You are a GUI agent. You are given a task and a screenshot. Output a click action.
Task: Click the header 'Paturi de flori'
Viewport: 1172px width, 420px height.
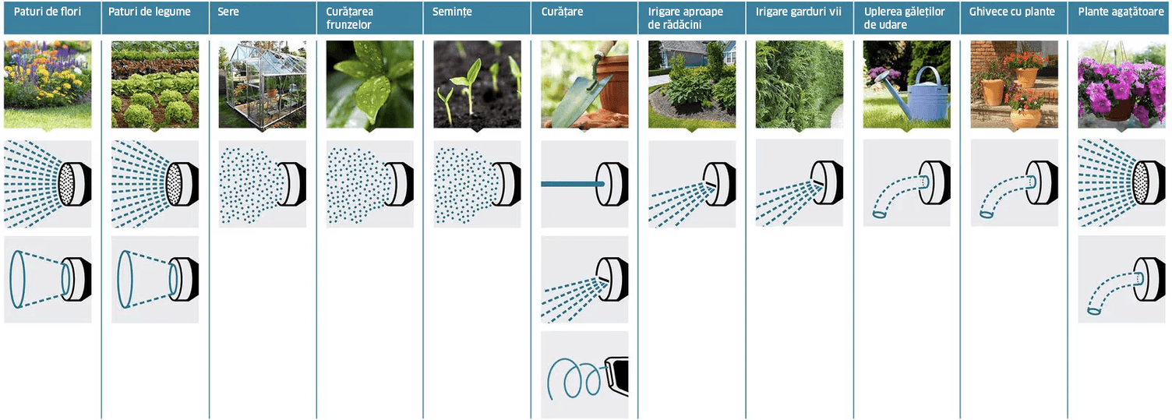click(x=48, y=12)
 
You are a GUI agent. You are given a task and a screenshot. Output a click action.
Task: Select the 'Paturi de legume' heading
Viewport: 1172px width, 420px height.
click(x=150, y=12)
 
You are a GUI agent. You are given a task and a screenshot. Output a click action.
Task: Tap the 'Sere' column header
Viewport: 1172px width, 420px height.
click(x=228, y=12)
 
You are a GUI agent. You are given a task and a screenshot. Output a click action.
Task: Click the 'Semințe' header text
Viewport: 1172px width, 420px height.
click(x=452, y=12)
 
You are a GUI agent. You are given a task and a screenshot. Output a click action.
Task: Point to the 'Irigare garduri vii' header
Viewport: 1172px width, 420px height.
click(x=799, y=12)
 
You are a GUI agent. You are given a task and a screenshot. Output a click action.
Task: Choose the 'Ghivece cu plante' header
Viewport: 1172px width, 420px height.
click(x=1012, y=12)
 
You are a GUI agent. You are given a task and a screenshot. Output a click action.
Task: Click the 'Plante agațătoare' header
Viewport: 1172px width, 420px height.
click(x=1121, y=12)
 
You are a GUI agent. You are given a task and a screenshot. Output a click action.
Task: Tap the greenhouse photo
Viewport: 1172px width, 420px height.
click(x=262, y=84)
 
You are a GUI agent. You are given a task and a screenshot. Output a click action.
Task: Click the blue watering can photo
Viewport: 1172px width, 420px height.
click(x=907, y=84)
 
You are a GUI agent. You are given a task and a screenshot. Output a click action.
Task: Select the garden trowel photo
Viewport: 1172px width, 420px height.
click(x=584, y=84)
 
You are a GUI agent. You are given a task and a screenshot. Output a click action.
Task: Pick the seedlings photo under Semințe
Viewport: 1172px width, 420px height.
click(x=477, y=84)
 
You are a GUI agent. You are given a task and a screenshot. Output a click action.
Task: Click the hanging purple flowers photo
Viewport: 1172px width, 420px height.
click(x=1122, y=84)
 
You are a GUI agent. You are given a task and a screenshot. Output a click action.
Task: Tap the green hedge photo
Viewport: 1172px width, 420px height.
click(x=799, y=84)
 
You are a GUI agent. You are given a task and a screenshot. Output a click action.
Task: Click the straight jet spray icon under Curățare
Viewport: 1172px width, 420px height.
click(x=584, y=184)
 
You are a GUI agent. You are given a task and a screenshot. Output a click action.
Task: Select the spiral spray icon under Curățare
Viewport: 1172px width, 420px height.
click(x=584, y=375)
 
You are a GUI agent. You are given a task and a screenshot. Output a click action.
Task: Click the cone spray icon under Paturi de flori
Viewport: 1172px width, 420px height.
click(x=48, y=279)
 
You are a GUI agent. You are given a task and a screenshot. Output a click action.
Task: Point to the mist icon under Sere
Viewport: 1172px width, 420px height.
click(x=262, y=184)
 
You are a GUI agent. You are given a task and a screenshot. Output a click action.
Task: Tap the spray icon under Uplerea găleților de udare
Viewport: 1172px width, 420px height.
click(x=907, y=183)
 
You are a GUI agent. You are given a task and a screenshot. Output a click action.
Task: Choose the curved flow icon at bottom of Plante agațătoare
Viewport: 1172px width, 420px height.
click(x=1122, y=279)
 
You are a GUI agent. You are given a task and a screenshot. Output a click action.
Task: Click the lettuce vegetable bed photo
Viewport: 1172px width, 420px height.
click(x=155, y=84)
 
